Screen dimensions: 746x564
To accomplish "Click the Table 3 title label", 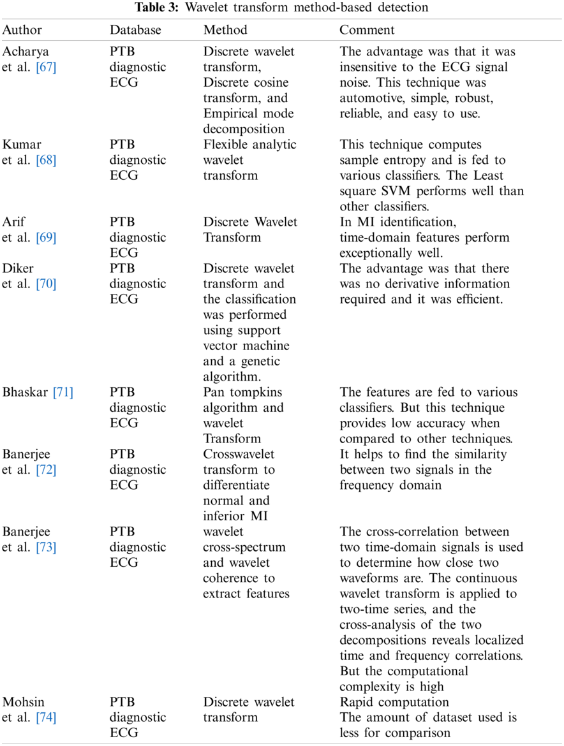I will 281,8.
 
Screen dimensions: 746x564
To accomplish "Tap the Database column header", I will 135,30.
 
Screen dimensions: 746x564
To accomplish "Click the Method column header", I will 225,30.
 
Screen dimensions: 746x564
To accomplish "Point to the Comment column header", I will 367,30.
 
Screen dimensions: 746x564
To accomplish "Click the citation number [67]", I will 46,67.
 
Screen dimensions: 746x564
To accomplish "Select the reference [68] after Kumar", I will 46,160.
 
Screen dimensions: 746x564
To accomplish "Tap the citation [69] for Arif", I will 46,238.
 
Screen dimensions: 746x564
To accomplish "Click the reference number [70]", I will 46,284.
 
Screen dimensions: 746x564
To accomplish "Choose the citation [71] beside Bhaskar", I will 63,392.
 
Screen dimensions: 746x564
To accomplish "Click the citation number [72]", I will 46,470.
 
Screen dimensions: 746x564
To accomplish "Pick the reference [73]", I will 46,547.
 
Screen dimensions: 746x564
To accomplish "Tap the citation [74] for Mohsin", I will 46,717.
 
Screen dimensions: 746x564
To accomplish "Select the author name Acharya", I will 26,52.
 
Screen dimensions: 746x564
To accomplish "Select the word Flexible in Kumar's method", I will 225,145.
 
